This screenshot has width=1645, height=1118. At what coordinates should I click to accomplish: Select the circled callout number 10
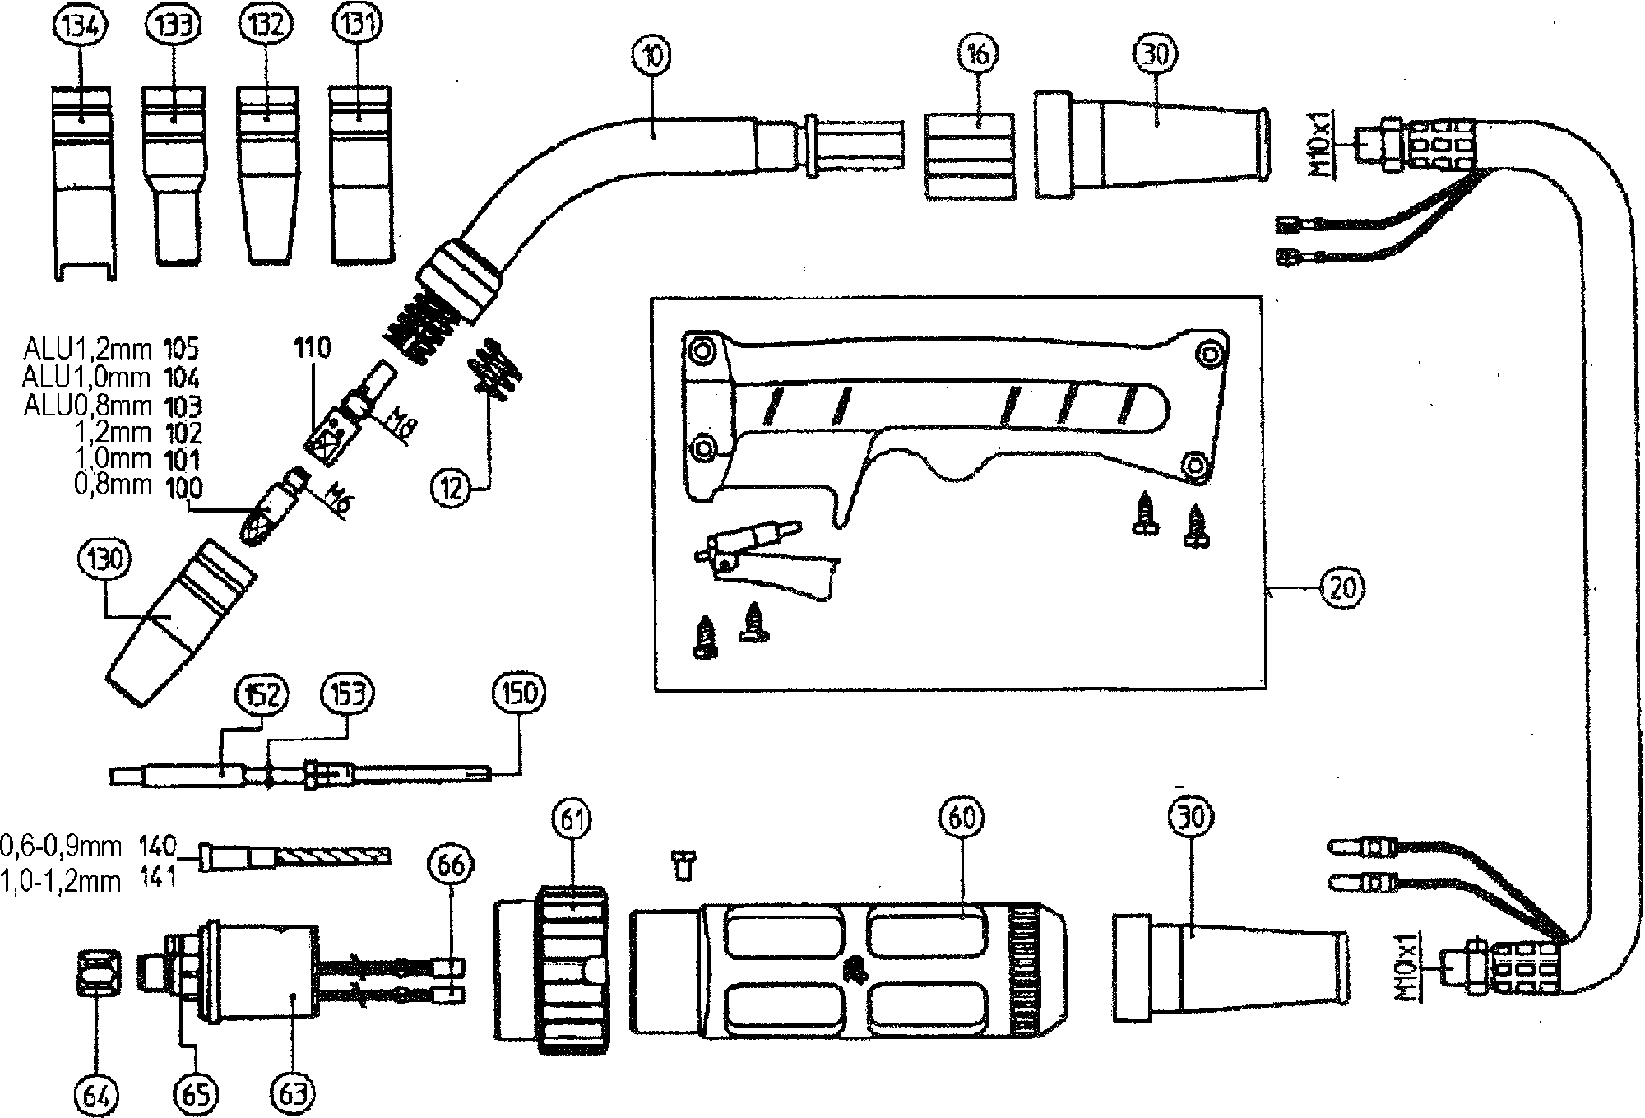pyautogui.click(x=654, y=55)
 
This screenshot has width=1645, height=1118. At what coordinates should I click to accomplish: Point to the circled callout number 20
pyautogui.click(x=1342, y=588)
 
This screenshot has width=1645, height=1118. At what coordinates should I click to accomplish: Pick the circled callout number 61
pyautogui.click(x=572, y=819)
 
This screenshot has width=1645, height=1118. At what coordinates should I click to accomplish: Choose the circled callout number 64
pyautogui.click(x=97, y=1094)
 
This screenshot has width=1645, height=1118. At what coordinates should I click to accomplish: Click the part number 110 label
pyautogui.click(x=312, y=348)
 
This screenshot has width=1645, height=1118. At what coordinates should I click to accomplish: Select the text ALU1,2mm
pyautogui.click(x=86, y=350)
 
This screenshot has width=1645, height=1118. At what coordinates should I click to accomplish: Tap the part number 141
pyautogui.click(x=157, y=879)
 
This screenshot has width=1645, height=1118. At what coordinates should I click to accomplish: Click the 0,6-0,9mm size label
pyautogui.click(x=61, y=846)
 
